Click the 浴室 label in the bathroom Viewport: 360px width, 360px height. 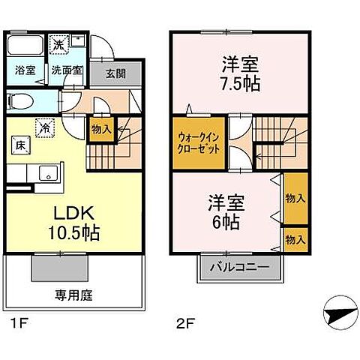point(25,70)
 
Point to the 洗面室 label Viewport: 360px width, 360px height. point(67,71)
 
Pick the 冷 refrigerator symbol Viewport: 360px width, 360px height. point(46,127)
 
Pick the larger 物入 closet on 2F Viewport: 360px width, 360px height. point(295,198)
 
